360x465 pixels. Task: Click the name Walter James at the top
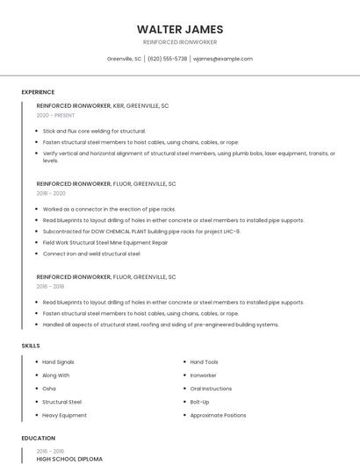[180, 29]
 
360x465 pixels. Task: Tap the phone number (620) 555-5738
[167, 59]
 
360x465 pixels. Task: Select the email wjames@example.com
[222, 59]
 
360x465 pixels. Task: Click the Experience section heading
[38, 92]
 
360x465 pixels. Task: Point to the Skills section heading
[31, 346]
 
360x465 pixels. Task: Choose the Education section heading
[38, 438]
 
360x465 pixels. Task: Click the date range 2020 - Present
[55, 115]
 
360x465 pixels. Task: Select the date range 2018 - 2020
[51, 193]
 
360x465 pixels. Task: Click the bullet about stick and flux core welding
[94, 131]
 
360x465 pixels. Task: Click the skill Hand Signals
[58, 361]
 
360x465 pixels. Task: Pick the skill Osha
[49, 388]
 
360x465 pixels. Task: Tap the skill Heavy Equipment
[64, 415]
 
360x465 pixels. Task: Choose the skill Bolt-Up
[199, 402]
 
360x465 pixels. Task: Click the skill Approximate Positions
[218, 415]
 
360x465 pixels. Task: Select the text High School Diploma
[69, 459]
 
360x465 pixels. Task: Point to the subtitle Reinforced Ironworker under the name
[180, 42]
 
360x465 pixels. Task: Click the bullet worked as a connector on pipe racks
[109, 210]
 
